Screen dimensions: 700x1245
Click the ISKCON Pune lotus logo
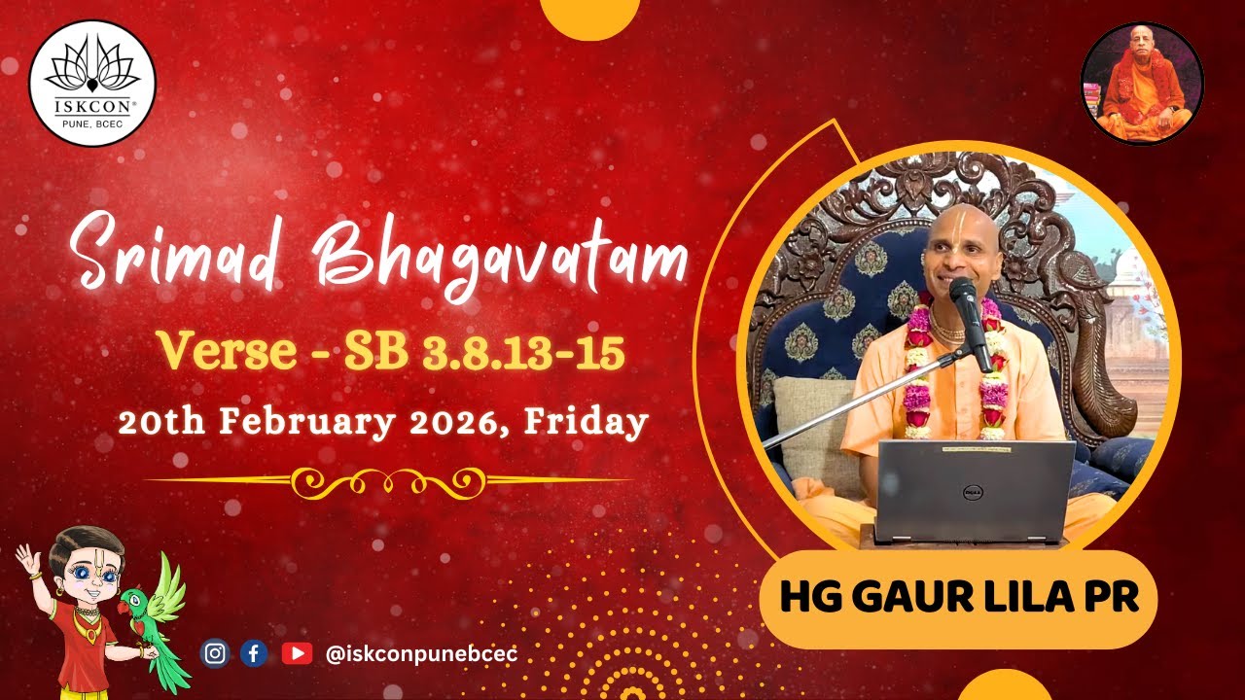pyautogui.click(x=92, y=82)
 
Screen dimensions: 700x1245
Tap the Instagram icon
pyautogui.click(x=215, y=653)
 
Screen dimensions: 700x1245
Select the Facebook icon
pyautogui.click(x=254, y=653)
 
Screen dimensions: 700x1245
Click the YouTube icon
pyautogui.click(x=297, y=653)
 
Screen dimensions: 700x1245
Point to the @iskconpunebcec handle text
pyautogui.click(x=421, y=654)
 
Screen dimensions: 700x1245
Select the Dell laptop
pyautogui.click(x=975, y=491)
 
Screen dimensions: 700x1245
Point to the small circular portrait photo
pyautogui.click(x=1142, y=84)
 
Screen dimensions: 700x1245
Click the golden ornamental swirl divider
pyautogui.click(x=389, y=479)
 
